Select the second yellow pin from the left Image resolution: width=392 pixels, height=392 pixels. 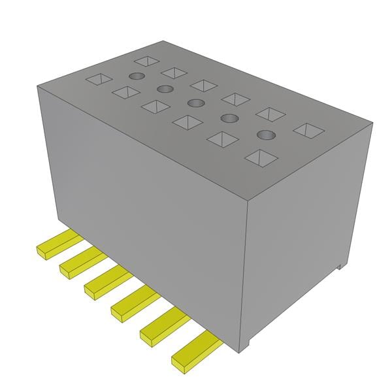pos(82,261)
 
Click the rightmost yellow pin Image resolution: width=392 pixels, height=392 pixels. pos(194,351)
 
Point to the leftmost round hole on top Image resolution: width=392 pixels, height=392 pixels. pos(136,76)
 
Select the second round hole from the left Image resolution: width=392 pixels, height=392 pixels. pos(165,89)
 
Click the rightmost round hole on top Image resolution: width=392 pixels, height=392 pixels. pos(265,135)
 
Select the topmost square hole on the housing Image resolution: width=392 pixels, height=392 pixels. pos(148,61)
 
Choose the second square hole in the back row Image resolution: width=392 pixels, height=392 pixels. pos(175,72)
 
